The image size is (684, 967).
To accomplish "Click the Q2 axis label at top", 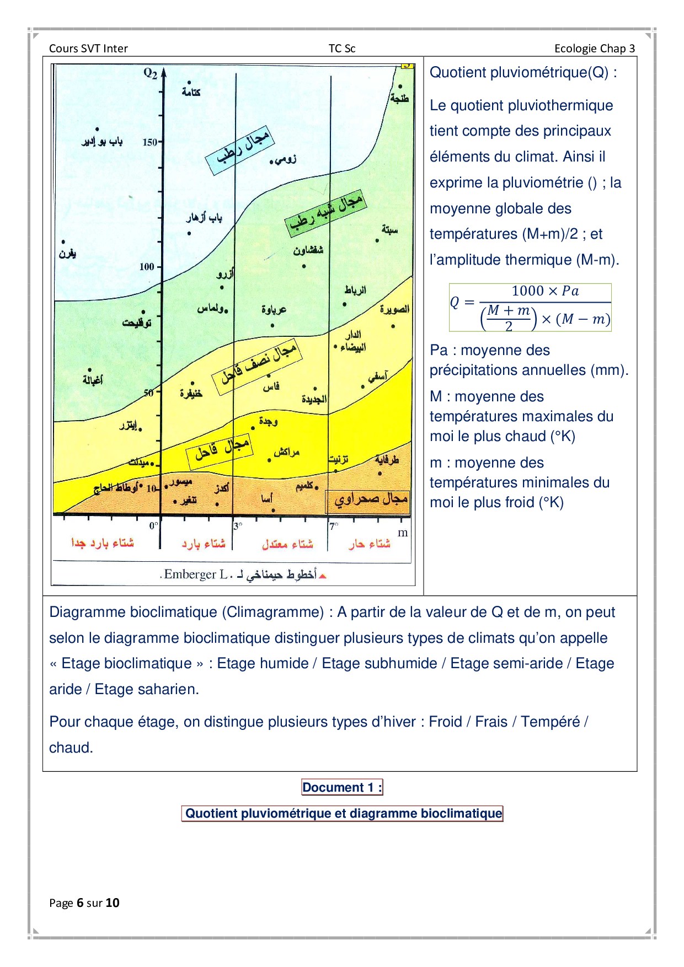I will (150, 73).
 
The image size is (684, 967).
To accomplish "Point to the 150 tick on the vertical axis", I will (150, 142).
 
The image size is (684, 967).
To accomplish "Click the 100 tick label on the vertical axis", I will (147, 267).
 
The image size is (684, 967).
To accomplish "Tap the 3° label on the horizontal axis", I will (238, 526).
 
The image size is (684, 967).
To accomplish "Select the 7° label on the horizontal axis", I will (333, 526).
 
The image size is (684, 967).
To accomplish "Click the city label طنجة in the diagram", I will (400, 98).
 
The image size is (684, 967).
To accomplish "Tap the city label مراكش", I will (286, 453).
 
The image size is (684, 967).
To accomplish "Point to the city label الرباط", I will (355, 290).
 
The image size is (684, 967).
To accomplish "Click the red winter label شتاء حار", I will (369, 544).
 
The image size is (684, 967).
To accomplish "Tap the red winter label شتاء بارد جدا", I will (103, 543).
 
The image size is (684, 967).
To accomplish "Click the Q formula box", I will (530, 307).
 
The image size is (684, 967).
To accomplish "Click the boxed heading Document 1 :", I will (342, 787).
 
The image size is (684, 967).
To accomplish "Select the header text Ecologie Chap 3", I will (594, 49).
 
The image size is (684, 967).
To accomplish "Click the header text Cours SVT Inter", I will (88, 49).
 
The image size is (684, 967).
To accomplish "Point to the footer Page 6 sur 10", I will (84, 902).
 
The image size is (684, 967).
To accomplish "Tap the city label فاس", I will (271, 386).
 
